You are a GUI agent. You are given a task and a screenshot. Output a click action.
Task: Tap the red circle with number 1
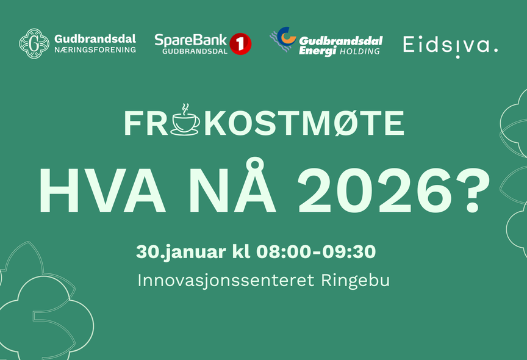point(240,44)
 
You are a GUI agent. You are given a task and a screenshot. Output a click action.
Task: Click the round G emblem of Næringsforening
point(34,43)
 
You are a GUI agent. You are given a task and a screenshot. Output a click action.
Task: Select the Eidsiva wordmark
point(450,45)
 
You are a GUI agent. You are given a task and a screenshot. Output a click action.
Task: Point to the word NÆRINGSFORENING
point(95,50)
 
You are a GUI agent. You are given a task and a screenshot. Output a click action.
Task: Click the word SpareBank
point(190,41)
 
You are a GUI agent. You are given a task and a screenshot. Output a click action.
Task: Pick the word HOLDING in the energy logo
point(360,51)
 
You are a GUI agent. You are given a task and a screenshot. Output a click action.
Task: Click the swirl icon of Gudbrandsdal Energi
point(284,40)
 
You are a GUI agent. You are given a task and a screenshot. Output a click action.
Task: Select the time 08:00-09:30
point(316,251)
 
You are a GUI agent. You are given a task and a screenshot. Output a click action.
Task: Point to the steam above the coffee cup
point(185,108)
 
